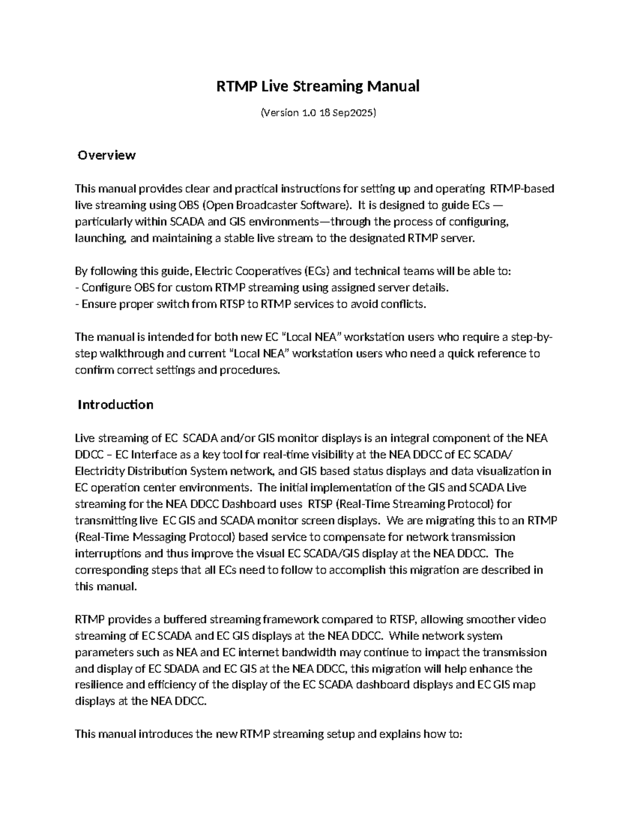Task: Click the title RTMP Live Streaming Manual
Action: tap(318, 86)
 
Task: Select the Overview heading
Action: tap(106, 155)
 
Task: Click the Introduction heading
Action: tap(115, 404)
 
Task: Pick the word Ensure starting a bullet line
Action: tap(98, 304)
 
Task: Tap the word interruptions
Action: tap(108, 553)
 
